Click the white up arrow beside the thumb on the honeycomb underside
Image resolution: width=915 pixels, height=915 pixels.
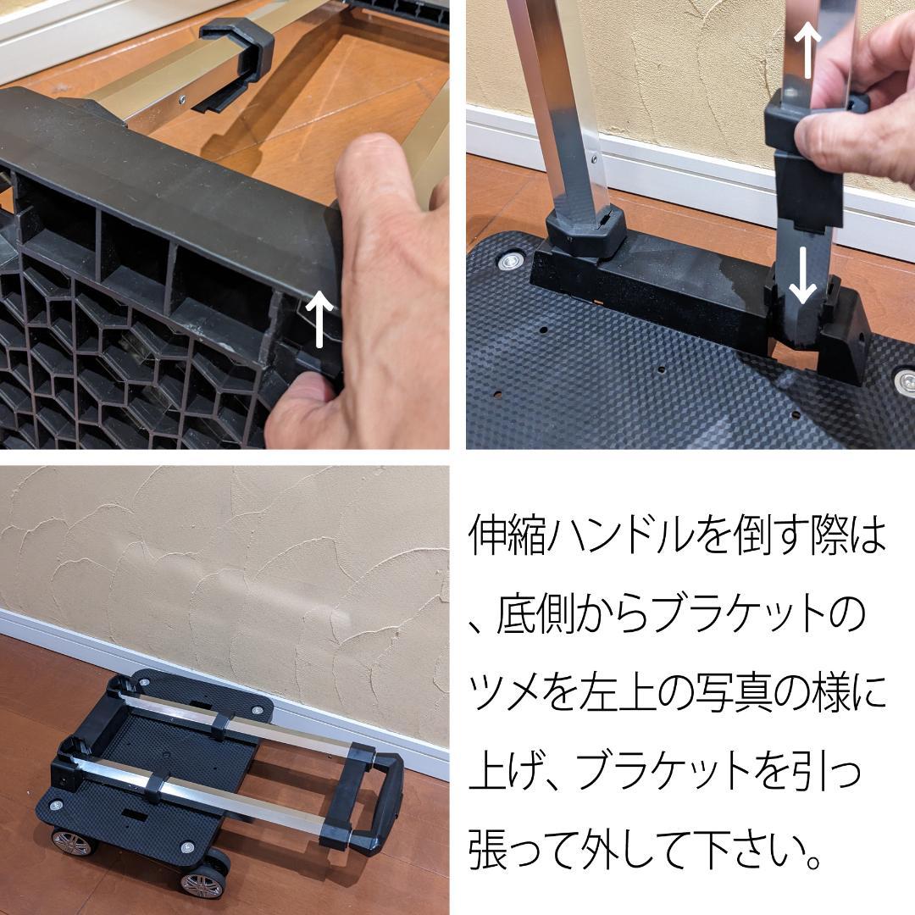[x=319, y=318]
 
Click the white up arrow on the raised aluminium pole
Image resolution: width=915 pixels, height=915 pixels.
[x=808, y=49]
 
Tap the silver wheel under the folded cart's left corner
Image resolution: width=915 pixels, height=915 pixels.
[x=73, y=840]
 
